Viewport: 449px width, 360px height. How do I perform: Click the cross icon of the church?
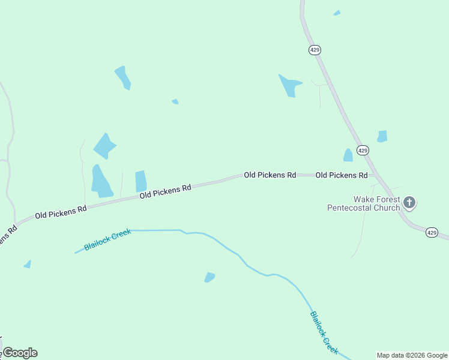pos(409,202)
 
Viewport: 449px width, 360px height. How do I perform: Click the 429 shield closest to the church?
pos(431,232)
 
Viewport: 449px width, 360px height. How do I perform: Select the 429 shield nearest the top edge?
pos(315,50)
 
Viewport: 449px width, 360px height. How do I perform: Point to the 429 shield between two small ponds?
pos(362,151)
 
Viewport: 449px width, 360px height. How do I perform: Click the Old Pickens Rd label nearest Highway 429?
pos(341,175)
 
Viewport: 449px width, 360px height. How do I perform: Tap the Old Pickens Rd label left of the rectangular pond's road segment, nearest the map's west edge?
pos(61,211)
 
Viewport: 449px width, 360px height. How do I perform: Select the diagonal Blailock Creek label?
pos(324,332)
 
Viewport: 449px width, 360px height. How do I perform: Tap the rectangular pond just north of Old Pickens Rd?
pos(141,181)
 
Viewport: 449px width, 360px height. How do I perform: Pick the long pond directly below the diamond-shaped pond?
pos(101,181)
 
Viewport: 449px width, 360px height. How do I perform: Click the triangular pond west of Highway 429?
pos(289,86)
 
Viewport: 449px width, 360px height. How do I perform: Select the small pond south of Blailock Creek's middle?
pos(209,277)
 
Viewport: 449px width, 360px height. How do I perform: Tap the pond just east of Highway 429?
pos(382,136)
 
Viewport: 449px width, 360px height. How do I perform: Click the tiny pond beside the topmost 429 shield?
pos(337,13)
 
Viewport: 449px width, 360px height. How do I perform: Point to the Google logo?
pos(19,353)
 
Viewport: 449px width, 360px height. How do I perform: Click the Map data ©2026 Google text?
pos(412,355)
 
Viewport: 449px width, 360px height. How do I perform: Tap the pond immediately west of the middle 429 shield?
pos(348,155)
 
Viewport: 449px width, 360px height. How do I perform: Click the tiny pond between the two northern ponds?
pos(175,101)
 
